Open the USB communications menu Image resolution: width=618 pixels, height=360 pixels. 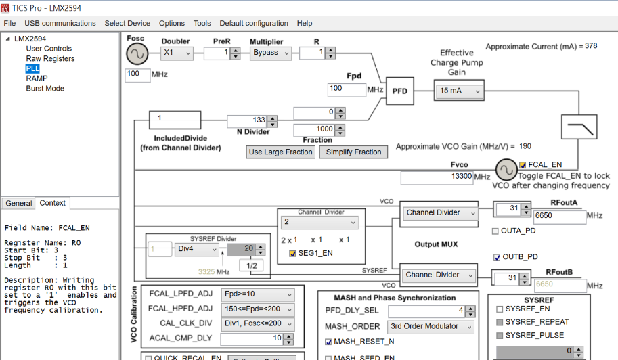coord(60,23)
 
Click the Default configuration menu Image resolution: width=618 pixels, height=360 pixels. coord(253,23)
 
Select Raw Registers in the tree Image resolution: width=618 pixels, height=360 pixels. coord(50,59)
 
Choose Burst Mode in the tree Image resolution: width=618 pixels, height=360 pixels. coord(45,89)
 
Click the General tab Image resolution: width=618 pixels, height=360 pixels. coord(18,203)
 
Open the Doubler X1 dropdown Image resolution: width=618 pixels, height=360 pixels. coord(177,53)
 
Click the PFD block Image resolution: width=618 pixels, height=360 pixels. coord(400,91)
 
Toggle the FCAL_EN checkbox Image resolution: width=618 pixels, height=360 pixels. coord(523,164)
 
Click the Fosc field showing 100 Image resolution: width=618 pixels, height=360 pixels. coord(137,74)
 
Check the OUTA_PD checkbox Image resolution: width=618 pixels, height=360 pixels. coord(496,231)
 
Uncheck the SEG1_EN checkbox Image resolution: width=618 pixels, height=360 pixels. coord(293,254)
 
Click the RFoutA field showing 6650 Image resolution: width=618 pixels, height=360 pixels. coord(558,217)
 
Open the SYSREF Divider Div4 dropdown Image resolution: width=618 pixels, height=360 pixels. coord(196,249)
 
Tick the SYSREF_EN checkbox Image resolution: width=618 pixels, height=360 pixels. coord(500,309)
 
